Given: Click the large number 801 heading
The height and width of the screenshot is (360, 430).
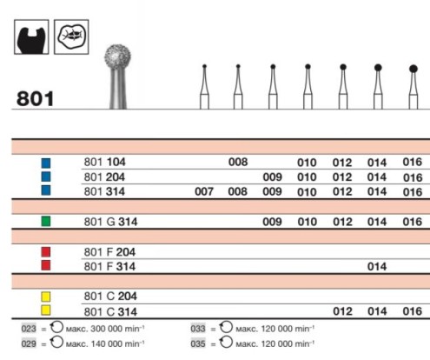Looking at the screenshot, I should point(35,97).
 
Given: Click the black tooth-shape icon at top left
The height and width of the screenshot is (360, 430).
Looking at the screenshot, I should point(31,36).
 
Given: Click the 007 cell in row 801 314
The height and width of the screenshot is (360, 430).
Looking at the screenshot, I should point(204,191).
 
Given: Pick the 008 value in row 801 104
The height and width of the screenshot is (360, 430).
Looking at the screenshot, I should point(237,162).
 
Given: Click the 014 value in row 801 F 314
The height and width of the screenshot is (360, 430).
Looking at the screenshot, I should point(377,267).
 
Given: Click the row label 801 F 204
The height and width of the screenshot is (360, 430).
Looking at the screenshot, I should point(109,252).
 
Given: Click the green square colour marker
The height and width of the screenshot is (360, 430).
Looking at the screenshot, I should point(46,222).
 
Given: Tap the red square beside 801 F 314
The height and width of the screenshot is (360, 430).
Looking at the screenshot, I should point(46,266).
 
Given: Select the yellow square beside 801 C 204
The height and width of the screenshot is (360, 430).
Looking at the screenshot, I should point(46,297).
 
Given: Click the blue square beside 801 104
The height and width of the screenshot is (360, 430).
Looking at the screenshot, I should point(46,162).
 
